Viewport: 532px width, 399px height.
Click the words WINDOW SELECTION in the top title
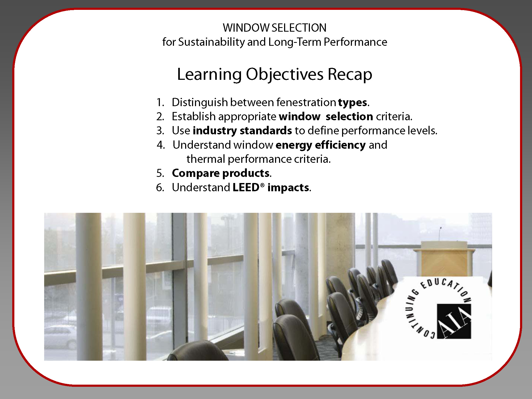[275, 28]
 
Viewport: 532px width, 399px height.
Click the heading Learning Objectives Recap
[275, 74]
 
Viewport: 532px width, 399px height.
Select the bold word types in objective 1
[353, 103]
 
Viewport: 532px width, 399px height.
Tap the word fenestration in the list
[306, 102]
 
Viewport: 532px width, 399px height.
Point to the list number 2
[160, 117]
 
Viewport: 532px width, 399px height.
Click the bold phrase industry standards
[242, 131]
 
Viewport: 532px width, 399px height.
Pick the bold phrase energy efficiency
[321, 145]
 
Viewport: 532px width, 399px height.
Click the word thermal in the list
[206, 159]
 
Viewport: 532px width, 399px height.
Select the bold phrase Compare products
[221, 173]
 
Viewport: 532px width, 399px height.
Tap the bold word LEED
[246, 188]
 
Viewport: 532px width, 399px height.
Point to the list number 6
[160, 188]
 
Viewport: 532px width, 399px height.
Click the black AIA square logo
[454, 321]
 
